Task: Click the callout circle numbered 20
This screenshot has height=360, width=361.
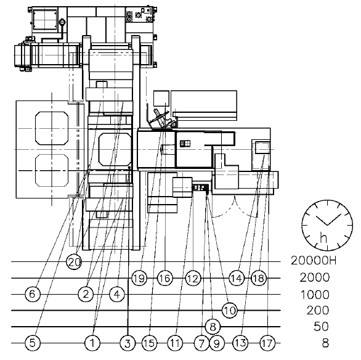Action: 74,262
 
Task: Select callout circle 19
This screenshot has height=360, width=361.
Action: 139,278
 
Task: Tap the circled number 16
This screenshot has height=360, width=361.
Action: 165,278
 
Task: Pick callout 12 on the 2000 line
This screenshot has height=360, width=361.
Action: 193,278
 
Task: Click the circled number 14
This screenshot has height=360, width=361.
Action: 237,278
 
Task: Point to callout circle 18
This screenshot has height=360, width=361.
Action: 259,278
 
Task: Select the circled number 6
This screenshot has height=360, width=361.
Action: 32,294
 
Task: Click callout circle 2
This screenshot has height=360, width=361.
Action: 86,294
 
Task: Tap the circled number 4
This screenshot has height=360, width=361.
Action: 117,294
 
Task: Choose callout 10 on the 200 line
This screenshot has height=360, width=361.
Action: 230,311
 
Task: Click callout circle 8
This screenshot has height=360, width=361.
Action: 213,327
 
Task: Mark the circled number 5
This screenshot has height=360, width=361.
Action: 32,343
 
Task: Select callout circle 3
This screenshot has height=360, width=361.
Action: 128,343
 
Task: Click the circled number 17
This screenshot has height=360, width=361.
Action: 267,343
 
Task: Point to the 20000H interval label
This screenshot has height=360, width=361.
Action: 314,261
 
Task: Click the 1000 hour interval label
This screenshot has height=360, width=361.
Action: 315,295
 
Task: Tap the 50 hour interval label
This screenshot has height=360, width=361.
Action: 321,326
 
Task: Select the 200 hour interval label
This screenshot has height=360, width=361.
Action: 318,311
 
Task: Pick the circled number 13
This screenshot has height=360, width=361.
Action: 240,343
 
